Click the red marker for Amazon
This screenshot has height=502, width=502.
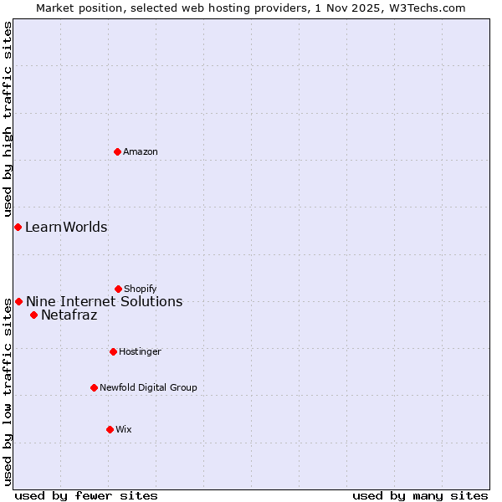point(118,151)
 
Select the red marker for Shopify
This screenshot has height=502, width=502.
point(119,289)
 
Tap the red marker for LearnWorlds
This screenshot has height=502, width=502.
point(18,227)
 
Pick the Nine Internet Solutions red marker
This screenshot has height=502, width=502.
point(18,301)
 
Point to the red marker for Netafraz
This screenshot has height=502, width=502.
point(33,315)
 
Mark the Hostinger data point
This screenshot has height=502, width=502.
point(113,351)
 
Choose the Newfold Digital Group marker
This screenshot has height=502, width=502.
point(94,387)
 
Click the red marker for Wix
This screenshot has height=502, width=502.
point(110,429)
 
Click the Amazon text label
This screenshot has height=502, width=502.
point(141,151)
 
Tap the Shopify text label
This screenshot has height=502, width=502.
point(141,289)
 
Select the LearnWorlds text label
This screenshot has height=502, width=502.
point(66,227)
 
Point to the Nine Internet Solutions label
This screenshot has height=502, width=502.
point(104,301)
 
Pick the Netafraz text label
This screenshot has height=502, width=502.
point(69,315)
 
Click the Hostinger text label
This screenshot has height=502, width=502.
point(140,351)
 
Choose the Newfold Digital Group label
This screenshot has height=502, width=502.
point(148,387)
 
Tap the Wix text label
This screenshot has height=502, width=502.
point(124,429)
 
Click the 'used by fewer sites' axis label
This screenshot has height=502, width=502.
point(86,495)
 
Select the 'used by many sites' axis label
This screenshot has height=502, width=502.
point(420,495)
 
